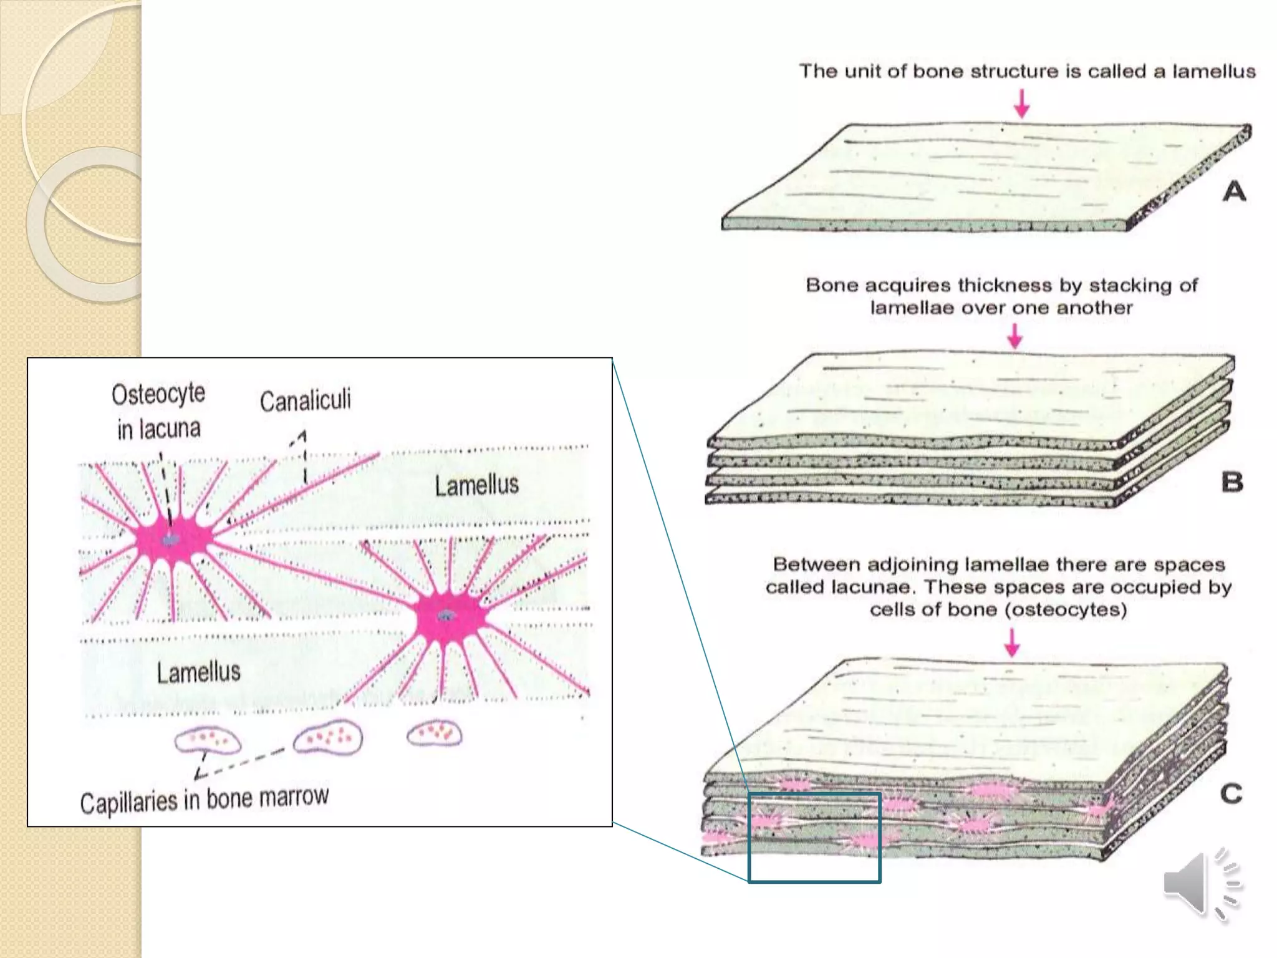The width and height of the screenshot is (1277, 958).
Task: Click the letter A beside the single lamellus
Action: tap(1234, 191)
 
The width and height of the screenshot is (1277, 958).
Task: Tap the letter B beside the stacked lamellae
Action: tap(1231, 482)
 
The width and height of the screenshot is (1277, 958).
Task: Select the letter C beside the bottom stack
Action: tap(1231, 794)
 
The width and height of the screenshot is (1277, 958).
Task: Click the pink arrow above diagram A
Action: tap(1021, 104)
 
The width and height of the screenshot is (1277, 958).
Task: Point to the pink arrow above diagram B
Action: tap(1015, 336)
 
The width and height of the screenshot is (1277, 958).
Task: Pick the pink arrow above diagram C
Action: tap(1012, 642)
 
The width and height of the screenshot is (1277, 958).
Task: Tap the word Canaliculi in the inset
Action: tap(305, 400)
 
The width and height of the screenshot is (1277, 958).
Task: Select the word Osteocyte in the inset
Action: tap(158, 394)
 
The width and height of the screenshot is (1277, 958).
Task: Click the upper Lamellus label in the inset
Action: tap(476, 485)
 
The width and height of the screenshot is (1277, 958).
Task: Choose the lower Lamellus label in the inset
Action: tap(198, 672)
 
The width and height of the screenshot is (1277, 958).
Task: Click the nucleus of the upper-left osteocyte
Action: tap(170, 539)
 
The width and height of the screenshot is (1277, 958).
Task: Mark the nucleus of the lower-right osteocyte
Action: tap(446, 616)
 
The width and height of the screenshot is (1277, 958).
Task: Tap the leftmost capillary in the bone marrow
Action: tap(208, 740)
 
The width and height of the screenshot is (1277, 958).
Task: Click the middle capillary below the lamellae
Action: tap(328, 737)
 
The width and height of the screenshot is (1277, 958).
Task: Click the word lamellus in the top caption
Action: tap(1213, 72)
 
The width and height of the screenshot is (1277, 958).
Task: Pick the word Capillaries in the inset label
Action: tap(128, 803)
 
